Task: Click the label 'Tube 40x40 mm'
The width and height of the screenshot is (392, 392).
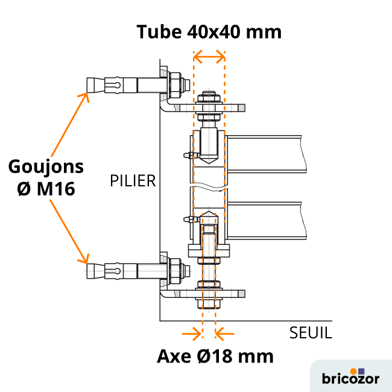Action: click(x=209, y=31)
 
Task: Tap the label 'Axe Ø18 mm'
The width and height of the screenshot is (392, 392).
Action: click(x=215, y=356)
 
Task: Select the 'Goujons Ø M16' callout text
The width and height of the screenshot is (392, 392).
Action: click(x=46, y=177)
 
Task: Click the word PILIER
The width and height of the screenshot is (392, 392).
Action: click(x=132, y=180)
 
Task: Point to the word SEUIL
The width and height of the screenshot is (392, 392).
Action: click(x=311, y=333)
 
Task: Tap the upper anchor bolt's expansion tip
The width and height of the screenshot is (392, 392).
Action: click(x=94, y=84)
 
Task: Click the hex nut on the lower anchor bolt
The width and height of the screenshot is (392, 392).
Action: click(x=175, y=270)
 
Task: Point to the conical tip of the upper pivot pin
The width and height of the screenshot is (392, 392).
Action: click(x=209, y=160)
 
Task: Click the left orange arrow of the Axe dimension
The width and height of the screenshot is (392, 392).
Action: click(x=193, y=332)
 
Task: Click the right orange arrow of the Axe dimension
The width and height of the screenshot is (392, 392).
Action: click(x=225, y=332)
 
